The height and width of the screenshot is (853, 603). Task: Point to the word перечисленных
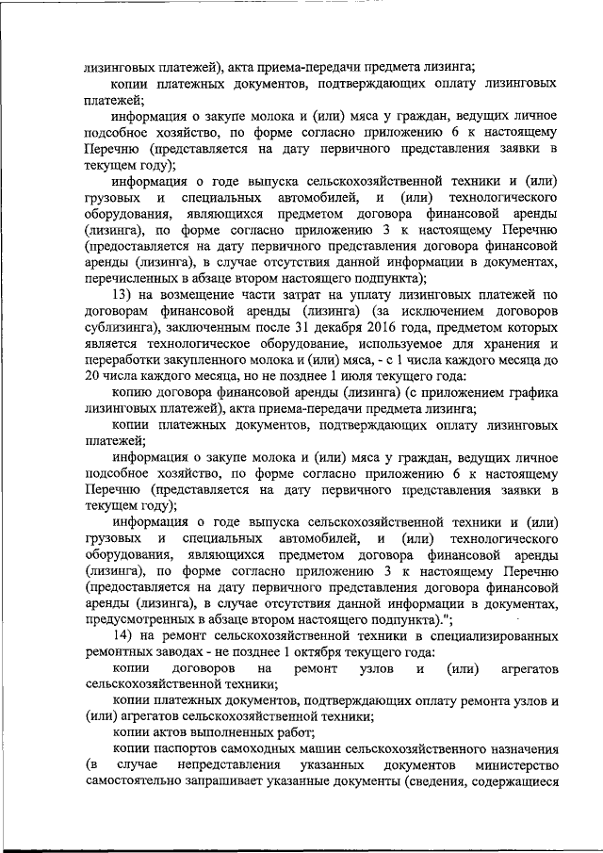click(x=132, y=278)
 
